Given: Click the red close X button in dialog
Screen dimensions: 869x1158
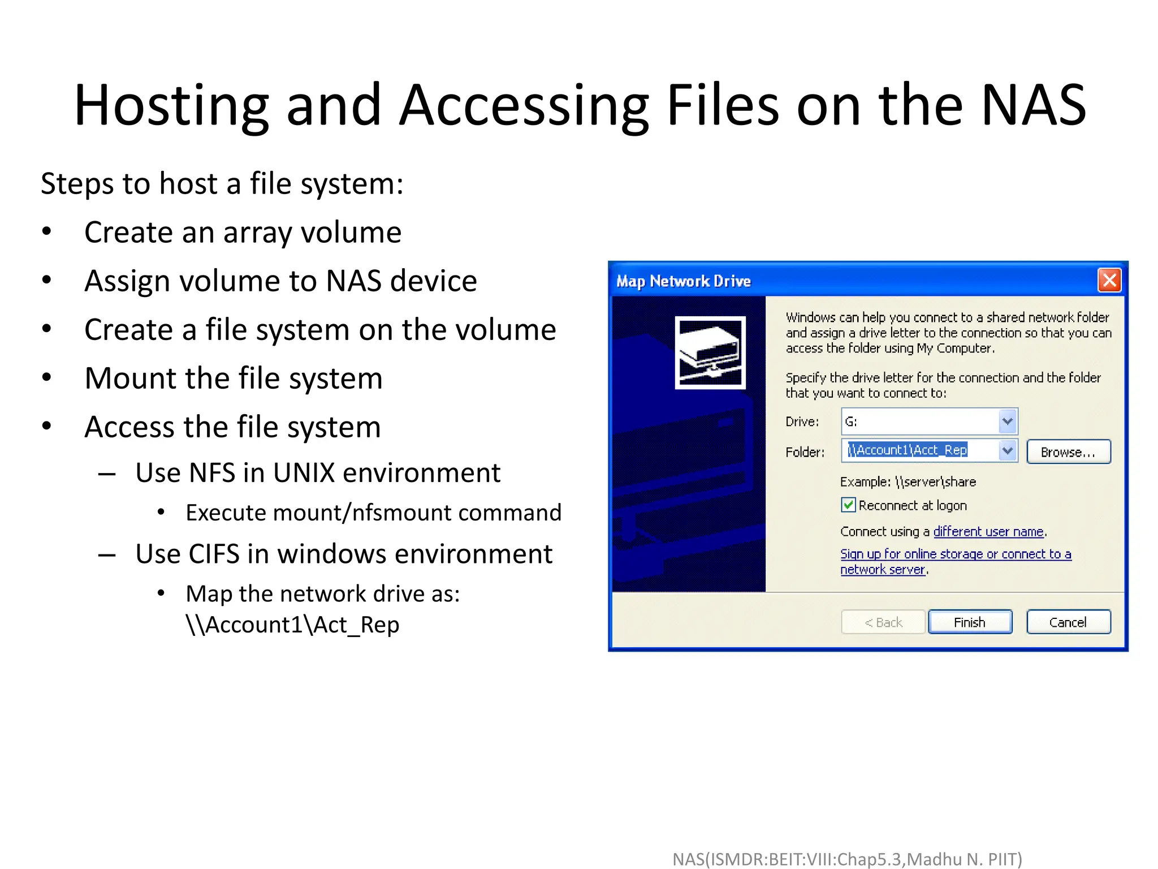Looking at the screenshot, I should [x=1109, y=280].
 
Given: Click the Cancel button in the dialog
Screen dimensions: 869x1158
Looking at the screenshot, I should [x=1068, y=622].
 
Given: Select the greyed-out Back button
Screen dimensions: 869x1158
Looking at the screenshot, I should [x=883, y=622].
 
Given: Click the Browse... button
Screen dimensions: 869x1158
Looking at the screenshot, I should [x=1068, y=452].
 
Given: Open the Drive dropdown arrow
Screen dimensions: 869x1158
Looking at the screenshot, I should [x=1007, y=421].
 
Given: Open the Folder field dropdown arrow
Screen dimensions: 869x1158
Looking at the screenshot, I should [x=1007, y=451].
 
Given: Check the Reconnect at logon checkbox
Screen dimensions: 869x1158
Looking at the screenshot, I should [x=848, y=505].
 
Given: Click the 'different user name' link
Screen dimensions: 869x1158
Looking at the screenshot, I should [x=988, y=532].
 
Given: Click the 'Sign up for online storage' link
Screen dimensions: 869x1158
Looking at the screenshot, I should [x=955, y=554].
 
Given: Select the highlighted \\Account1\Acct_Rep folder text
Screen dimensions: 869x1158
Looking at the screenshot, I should [x=908, y=450].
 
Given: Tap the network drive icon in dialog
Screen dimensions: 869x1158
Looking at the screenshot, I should [x=710, y=352].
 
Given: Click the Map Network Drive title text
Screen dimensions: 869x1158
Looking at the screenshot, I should [x=683, y=281].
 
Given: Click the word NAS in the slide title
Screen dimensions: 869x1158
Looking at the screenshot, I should [x=1033, y=105].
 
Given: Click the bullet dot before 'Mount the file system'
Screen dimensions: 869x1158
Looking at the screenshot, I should [x=47, y=377].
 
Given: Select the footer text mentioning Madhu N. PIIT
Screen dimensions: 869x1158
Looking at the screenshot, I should [x=847, y=859].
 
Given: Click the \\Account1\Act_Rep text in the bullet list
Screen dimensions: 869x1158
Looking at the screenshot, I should [x=292, y=625].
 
